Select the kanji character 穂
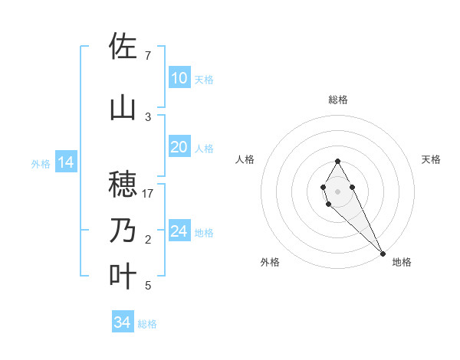123,184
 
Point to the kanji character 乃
123,231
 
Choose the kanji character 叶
123,277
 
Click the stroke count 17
148,194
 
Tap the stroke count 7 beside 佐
148,56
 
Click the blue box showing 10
179,78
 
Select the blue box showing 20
179,147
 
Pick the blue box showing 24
179,231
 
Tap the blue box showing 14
65,162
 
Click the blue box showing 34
122,322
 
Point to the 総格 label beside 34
147,324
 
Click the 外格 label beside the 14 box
41,163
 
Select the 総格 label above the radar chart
337,100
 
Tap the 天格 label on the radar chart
431,159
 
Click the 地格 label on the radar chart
402,262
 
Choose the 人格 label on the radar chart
245,159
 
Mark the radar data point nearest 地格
383,253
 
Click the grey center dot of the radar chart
337,191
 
